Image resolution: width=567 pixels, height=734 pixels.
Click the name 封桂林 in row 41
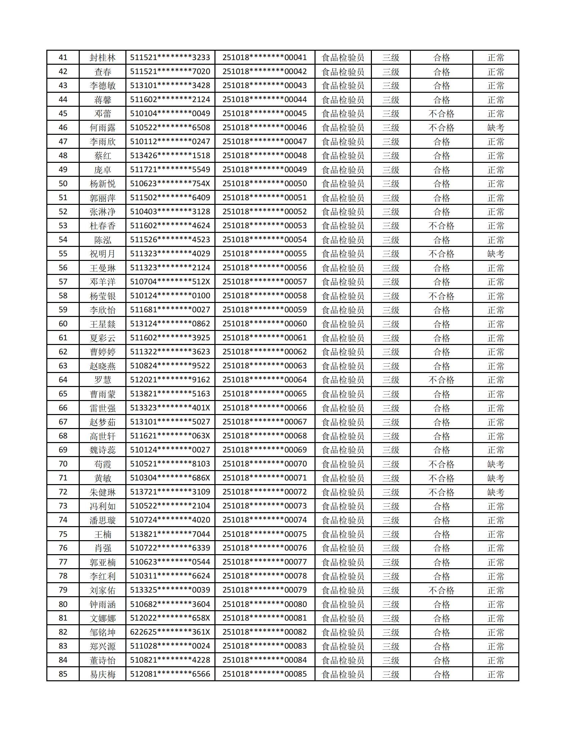coord(102,57)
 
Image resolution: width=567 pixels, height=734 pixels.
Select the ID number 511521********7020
coord(170,72)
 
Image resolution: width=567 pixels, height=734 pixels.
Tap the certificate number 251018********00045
coord(265,113)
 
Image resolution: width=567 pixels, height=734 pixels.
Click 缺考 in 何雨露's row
coord(495,128)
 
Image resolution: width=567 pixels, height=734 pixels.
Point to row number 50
coord(63,184)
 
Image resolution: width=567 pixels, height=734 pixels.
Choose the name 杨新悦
coord(102,184)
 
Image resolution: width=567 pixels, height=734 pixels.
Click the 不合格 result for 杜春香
coord(441,226)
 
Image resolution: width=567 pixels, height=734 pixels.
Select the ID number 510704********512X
coord(170,282)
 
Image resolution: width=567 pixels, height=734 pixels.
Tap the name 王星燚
coord(102,324)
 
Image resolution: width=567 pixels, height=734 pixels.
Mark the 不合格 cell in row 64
coord(441,380)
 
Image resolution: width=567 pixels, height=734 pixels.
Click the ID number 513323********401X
coord(170,408)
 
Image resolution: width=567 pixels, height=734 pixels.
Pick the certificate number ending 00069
coord(265,450)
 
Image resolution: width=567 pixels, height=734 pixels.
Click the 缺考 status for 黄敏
coord(495,478)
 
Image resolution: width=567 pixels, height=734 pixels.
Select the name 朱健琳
coord(102,492)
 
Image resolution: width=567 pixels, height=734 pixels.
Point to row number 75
coord(63,534)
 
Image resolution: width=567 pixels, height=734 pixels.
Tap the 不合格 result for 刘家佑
coord(441,590)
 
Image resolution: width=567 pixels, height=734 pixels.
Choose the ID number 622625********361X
coord(170,632)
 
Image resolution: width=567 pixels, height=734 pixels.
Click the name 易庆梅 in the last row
coord(102,674)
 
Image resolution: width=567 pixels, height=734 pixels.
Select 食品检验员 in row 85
coord(343,674)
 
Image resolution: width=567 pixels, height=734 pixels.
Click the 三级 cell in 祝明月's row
coord(391,254)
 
